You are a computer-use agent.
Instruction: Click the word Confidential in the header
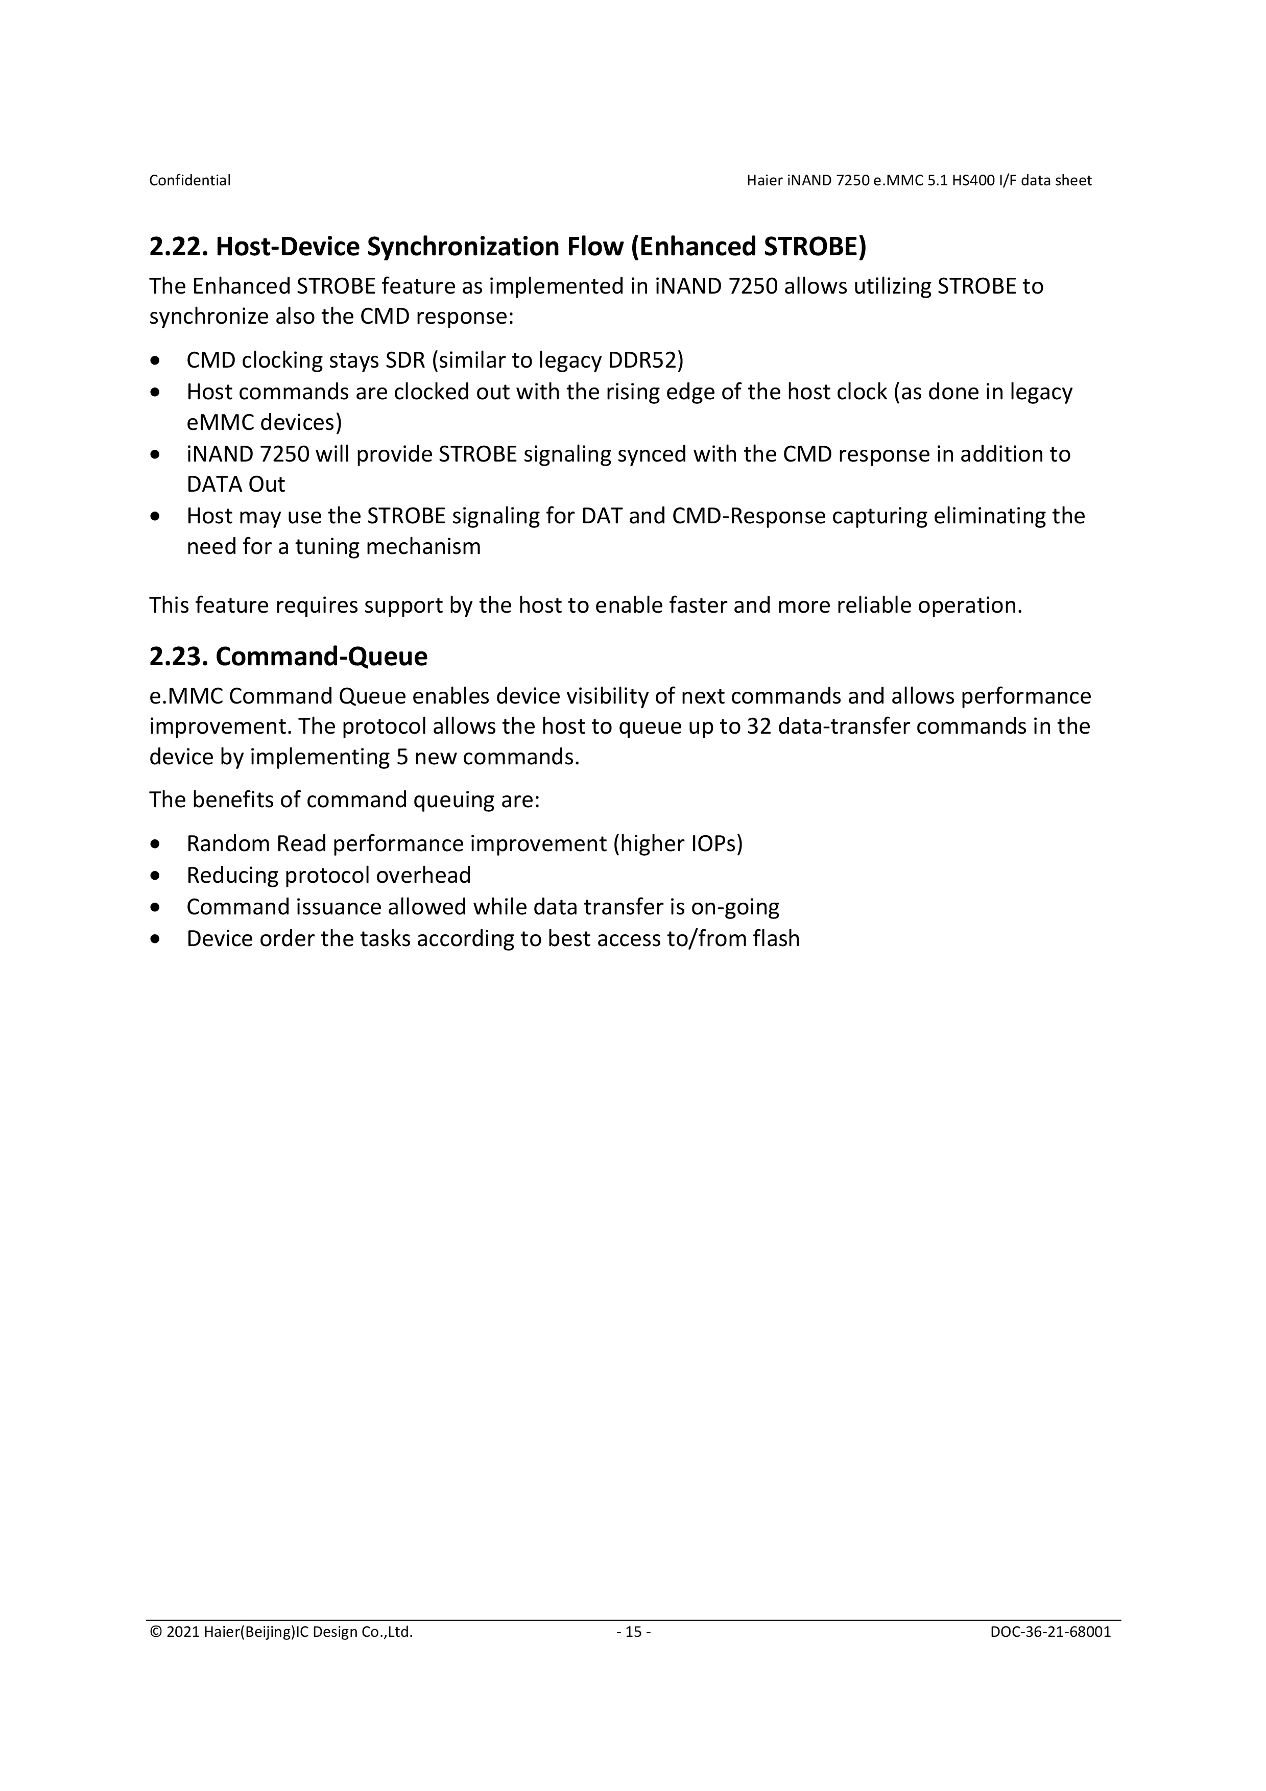click(x=189, y=180)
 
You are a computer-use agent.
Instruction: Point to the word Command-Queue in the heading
click(x=321, y=657)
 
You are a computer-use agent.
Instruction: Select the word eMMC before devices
click(x=220, y=422)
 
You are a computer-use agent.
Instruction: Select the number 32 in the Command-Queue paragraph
click(x=759, y=726)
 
